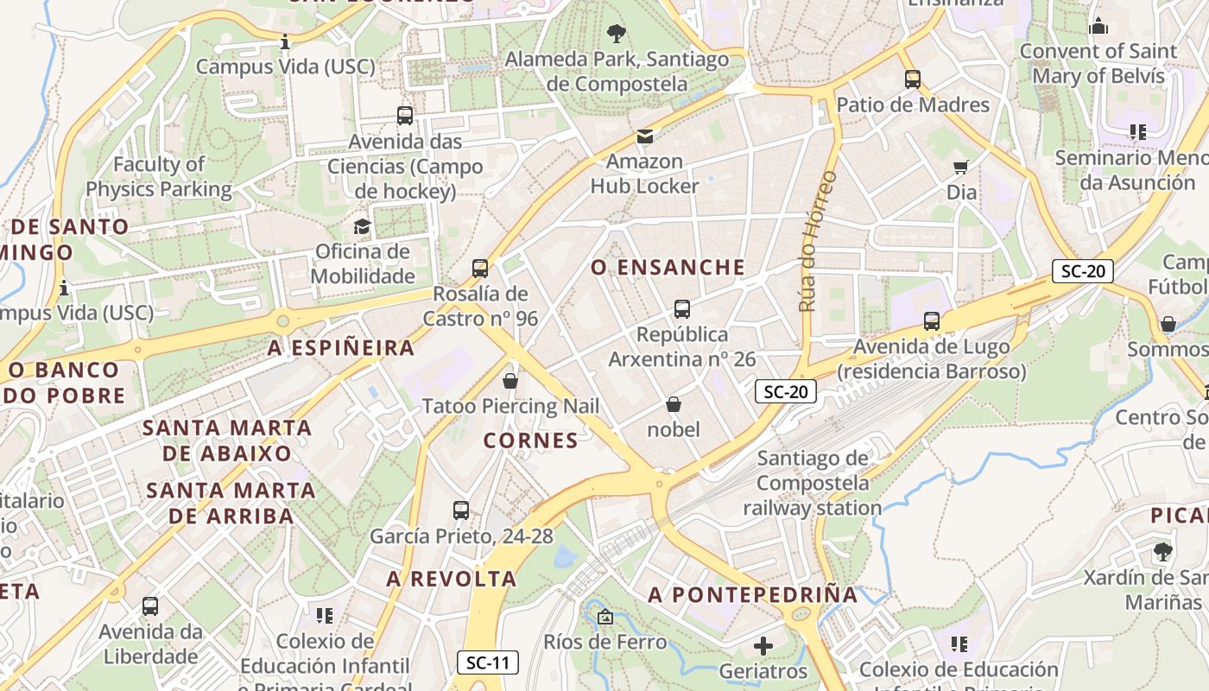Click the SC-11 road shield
pyautogui.click(x=488, y=662)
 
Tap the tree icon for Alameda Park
pyautogui.click(x=617, y=34)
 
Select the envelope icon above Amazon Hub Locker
pyautogui.click(x=644, y=136)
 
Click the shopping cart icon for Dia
pyautogui.click(x=961, y=167)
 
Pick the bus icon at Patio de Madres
pyautogui.click(x=913, y=79)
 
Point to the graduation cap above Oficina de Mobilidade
pyautogui.click(x=362, y=226)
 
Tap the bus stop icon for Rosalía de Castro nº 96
pyautogui.click(x=480, y=269)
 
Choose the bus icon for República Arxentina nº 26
pyautogui.click(x=682, y=308)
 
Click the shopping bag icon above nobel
pyautogui.click(x=674, y=404)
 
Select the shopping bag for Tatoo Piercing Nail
pyautogui.click(x=510, y=381)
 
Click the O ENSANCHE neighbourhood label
pyautogui.click(x=668, y=268)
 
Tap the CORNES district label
pyautogui.click(x=530, y=441)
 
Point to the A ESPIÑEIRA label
pyautogui.click(x=341, y=348)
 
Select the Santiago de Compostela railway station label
pyautogui.click(x=813, y=483)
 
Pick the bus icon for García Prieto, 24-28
pyautogui.click(x=461, y=510)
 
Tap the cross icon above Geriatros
pyautogui.click(x=763, y=645)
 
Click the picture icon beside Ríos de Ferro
pyautogui.click(x=604, y=617)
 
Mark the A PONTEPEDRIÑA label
pyautogui.click(x=753, y=594)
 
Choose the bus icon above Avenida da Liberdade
pyautogui.click(x=150, y=606)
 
